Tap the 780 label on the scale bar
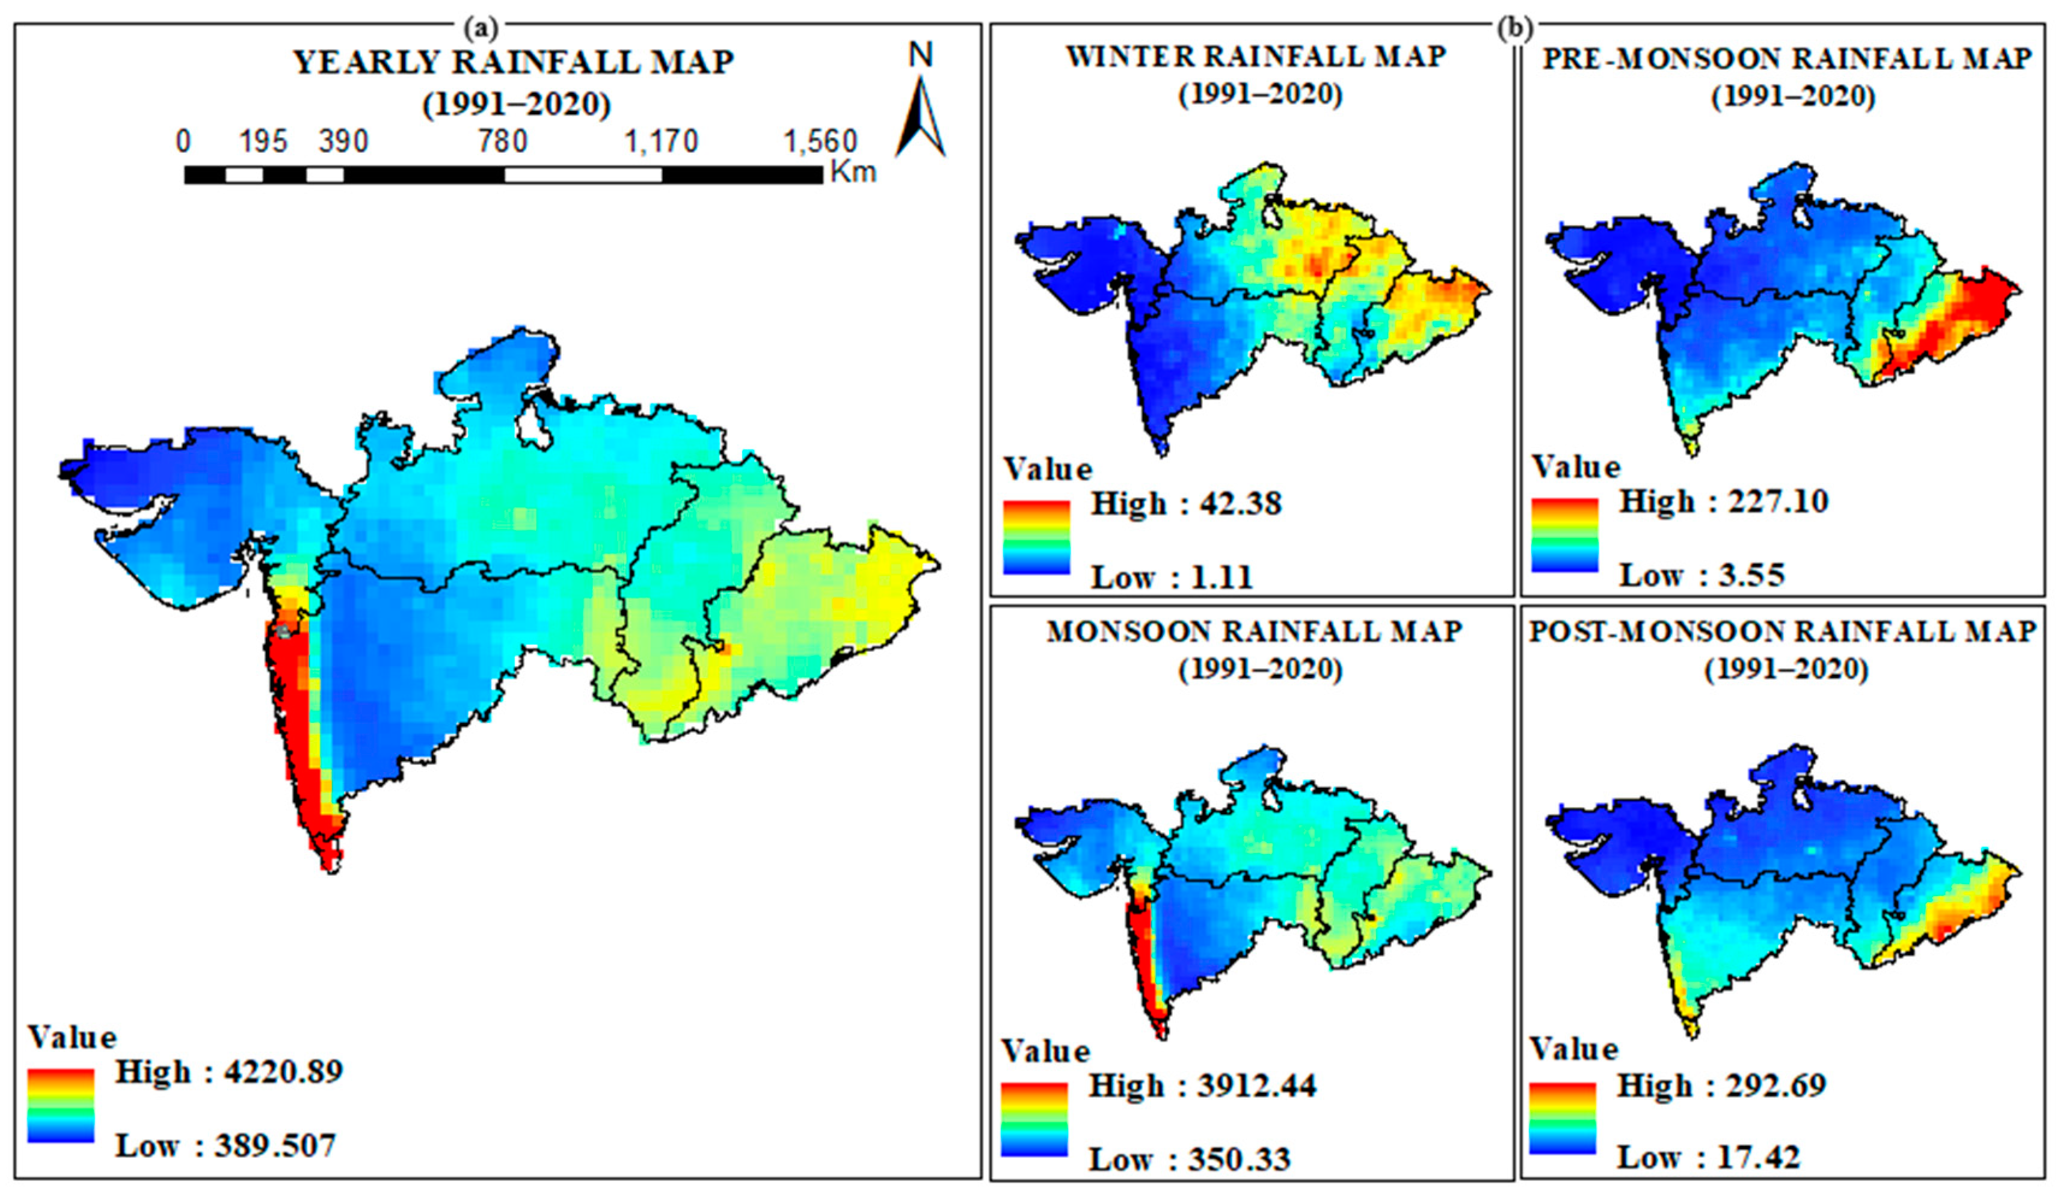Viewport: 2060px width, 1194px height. coord(502,141)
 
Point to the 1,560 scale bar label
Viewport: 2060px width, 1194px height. coord(820,141)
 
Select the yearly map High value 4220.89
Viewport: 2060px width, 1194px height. coord(284,1071)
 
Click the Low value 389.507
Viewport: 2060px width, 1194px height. coord(275,1146)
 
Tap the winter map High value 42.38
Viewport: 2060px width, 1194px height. coord(1240,503)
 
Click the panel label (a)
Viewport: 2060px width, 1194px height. coord(480,29)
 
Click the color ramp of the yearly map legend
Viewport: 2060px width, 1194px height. coord(61,1105)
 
